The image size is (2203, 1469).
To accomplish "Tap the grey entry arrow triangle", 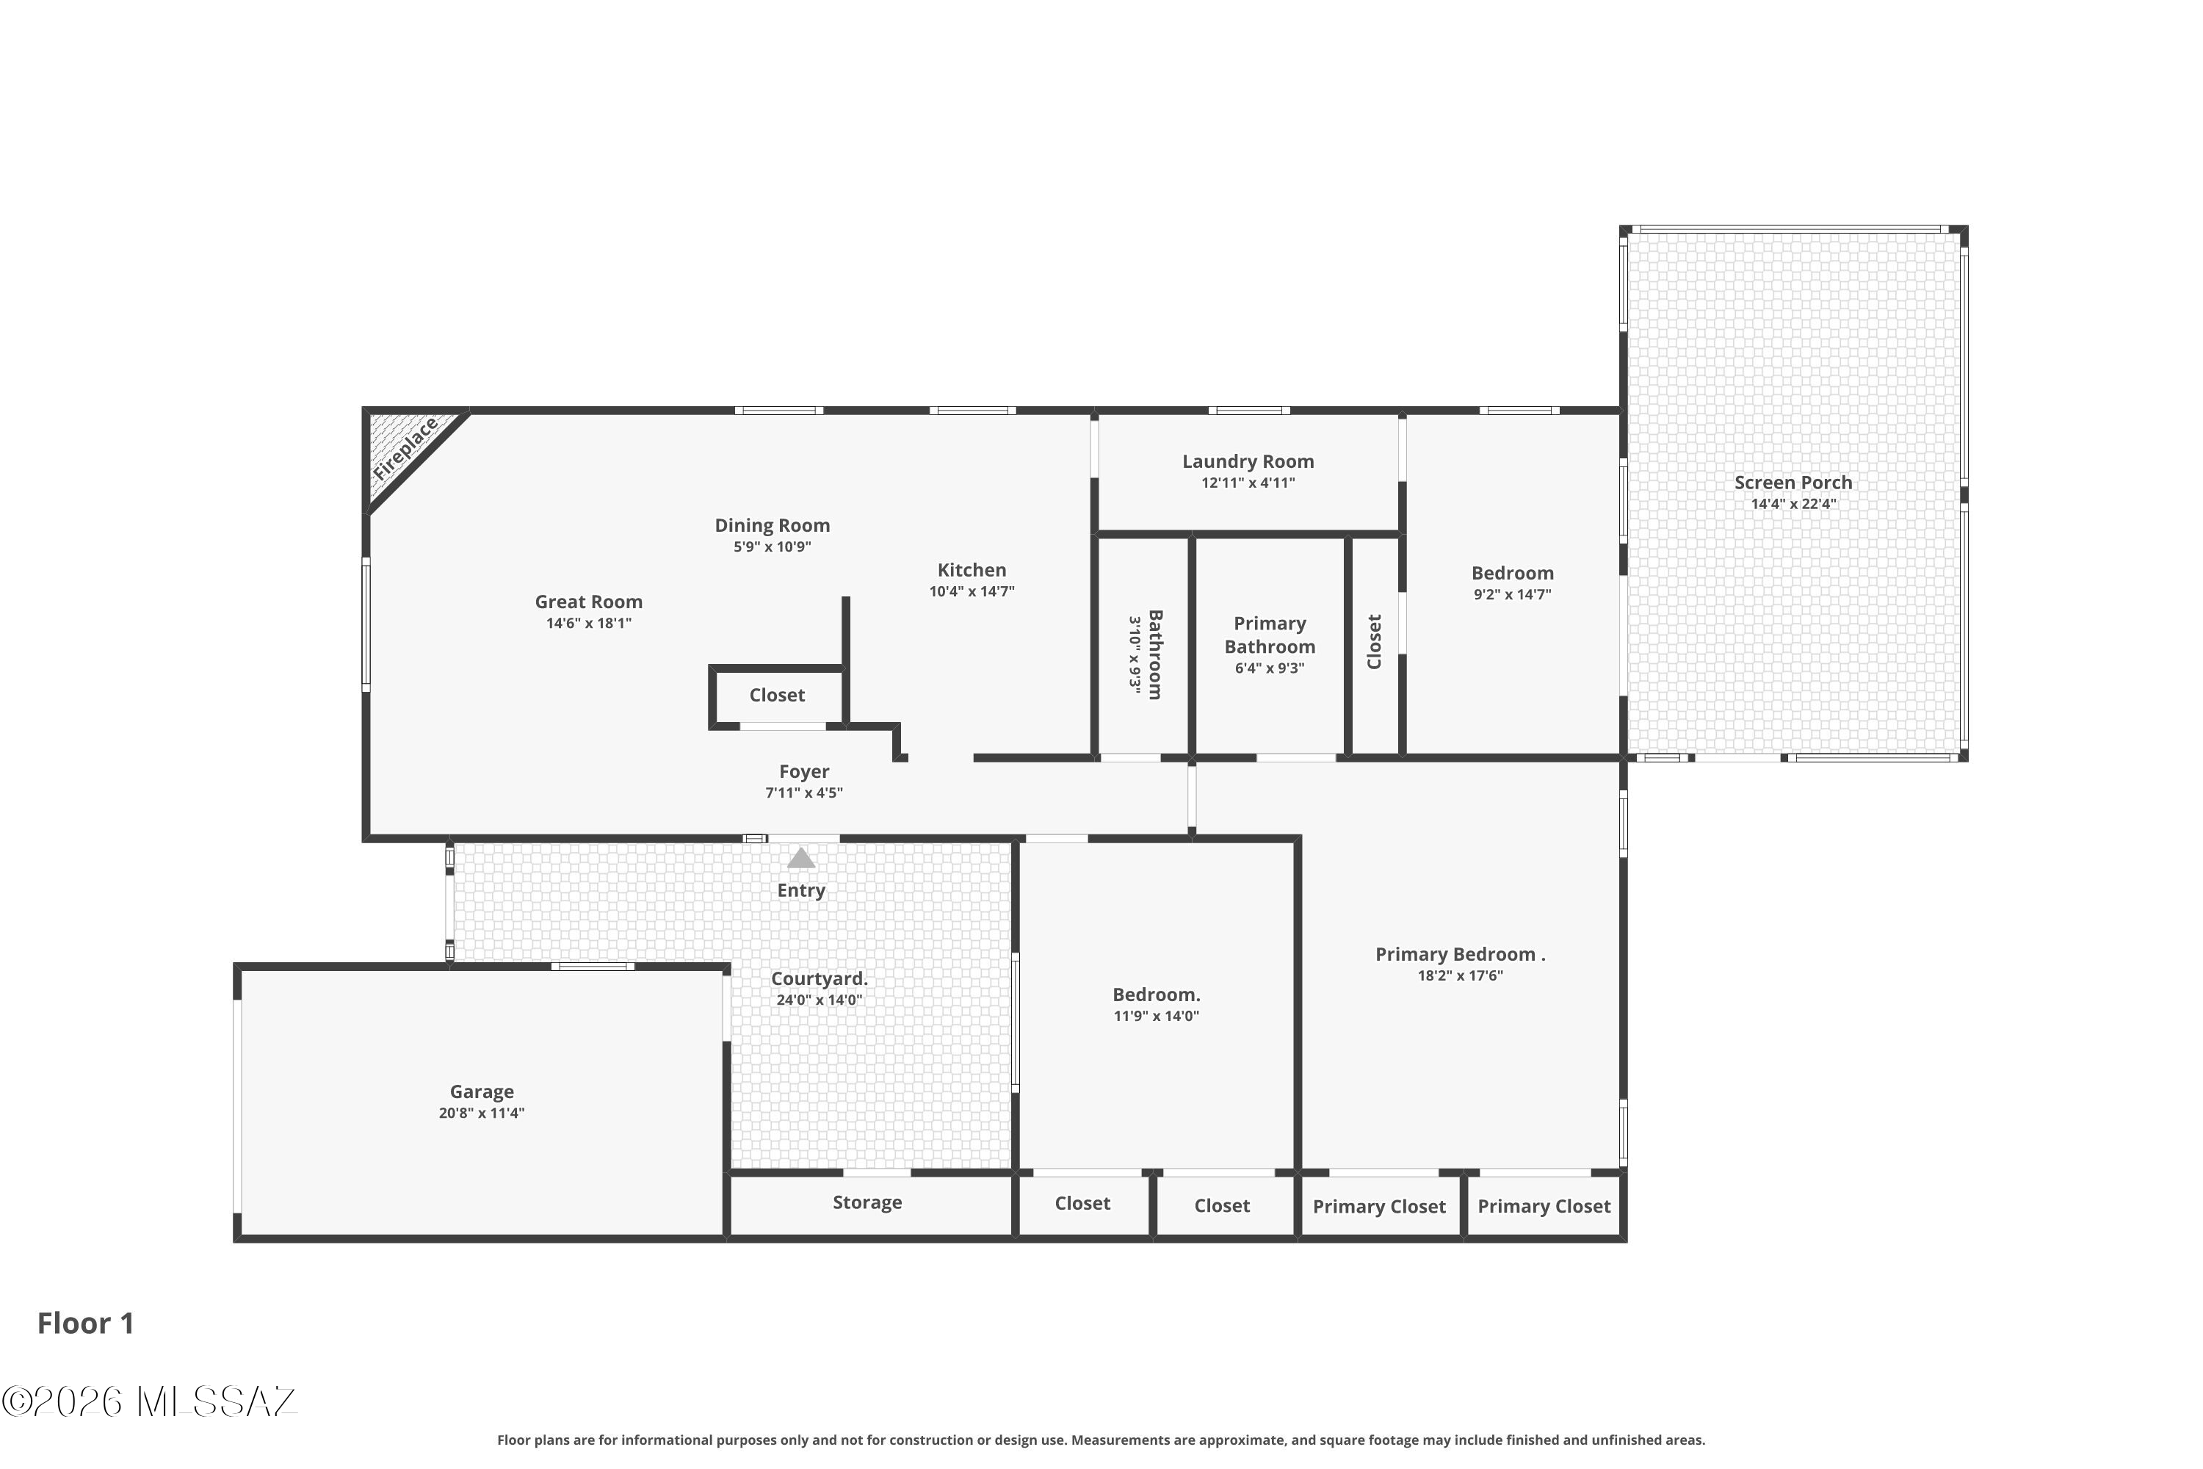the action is pyautogui.click(x=801, y=857).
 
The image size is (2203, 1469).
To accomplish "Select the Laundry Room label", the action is pyautogui.click(x=1248, y=461).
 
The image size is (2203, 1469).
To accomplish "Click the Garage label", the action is pyautogui.click(x=482, y=1091).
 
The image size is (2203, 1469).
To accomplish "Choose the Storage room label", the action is pyautogui.click(x=867, y=1202).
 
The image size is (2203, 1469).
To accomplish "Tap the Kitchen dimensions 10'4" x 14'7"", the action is pyautogui.click(x=972, y=591).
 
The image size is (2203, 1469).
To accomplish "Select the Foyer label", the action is pyautogui.click(x=803, y=772).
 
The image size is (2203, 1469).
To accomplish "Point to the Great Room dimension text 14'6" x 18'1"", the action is pyautogui.click(x=589, y=623).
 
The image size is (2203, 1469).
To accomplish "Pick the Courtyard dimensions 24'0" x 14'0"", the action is pyautogui.click(x=820, y=1000).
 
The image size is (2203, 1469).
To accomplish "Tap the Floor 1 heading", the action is pyautogui.click(x=86, y=1323).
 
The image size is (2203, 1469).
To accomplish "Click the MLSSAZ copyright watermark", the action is pyautogui.click(x=149, y=1401).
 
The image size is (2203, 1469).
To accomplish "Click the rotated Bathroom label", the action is pyautogui.click(x=1155, y=654).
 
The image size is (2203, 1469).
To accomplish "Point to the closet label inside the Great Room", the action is pyautogui.click(x=776, y=695).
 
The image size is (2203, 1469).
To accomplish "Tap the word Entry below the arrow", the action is pyautogui.click(x=801, y=891).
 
